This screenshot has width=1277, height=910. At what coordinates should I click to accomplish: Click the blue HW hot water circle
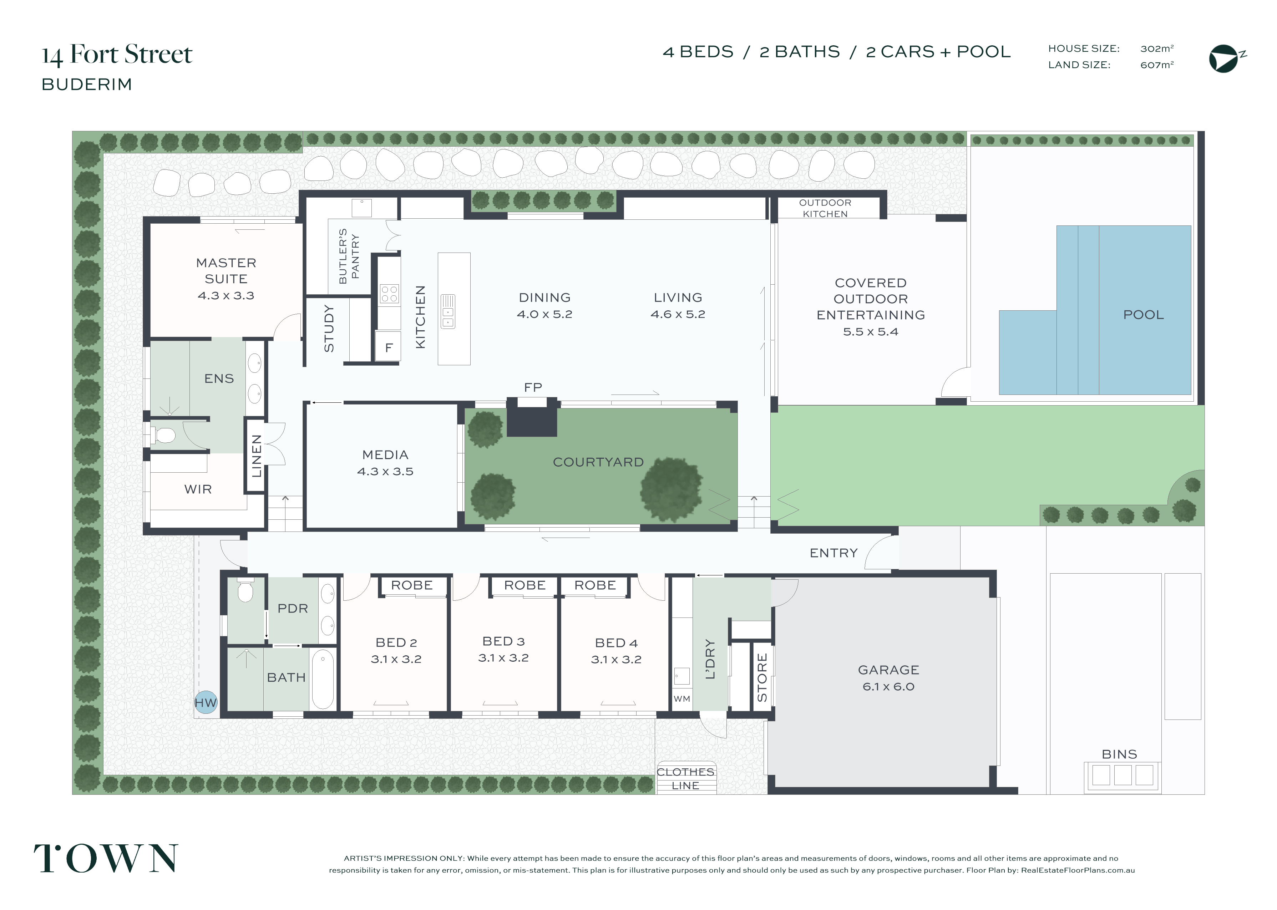pos(206,702)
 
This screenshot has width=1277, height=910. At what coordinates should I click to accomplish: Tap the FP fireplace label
pos(533,387)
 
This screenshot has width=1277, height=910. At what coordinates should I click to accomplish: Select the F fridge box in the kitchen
pos(388,346)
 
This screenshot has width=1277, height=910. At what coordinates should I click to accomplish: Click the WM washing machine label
pos(682,699)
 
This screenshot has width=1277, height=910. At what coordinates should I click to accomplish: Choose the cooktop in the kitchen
pos(389,294)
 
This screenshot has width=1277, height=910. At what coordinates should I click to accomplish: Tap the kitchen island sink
pos(448,311)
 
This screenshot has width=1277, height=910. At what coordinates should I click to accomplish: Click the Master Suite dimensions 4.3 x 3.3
pos(226,295)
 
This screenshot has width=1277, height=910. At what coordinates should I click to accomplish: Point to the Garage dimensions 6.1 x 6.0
pos(889,686)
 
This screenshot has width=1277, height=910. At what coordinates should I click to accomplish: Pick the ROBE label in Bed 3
pos(525,585)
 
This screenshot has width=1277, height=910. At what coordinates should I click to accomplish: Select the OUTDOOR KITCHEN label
pos(825,208)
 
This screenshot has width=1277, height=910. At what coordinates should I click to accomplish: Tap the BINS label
pos(1120,754)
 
